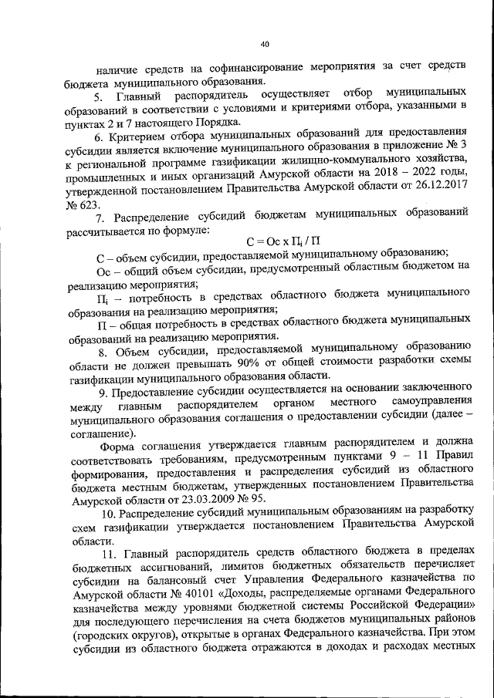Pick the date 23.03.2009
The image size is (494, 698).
coord(186,499)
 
